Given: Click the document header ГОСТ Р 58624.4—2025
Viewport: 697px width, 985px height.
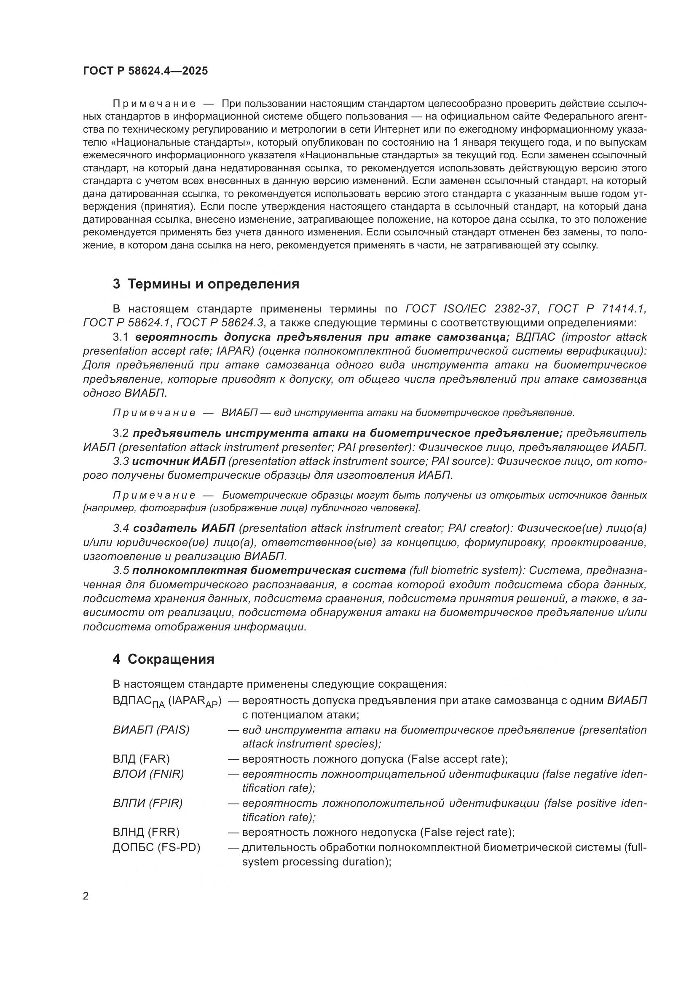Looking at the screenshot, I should pyautogui.click(x=145, y=71).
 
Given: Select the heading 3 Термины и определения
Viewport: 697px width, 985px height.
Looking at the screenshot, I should pyautogui.click(x=206, y=284).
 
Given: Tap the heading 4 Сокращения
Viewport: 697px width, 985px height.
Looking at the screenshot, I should pyautogui.click(x=163, y=659).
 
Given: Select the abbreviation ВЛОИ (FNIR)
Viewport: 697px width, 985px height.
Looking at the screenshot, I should pyautogui.click(x=148, y=774).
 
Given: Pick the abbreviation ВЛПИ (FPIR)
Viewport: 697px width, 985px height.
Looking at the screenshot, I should pyautogui.click(x=147, y=803).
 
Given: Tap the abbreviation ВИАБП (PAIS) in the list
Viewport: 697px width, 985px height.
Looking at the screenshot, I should pyautogui.click(x=151, y=730).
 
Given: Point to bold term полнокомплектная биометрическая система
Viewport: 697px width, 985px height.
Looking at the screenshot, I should pyautogui.click(x=269, y=570).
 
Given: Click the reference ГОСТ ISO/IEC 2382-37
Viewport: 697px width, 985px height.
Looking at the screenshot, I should pyautogui.click(x=471, y=309).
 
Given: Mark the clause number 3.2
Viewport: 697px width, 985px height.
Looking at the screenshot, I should pyautogui.click(x=121, y=433).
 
